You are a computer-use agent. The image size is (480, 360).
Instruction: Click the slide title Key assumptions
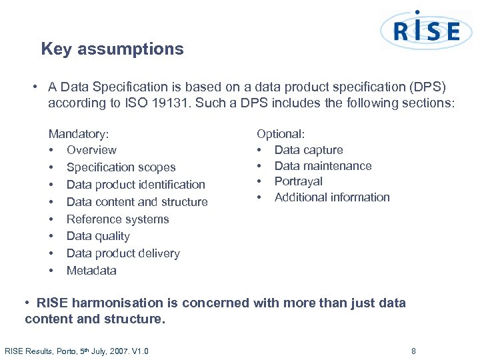pyautogui.click(x=112, y=49)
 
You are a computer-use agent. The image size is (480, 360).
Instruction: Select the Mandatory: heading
pyautogui.click(x=79, y=134)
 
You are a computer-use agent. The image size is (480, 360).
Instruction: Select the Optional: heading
pyautogui.click(x=281, y=134)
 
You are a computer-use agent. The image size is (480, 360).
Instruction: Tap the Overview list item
pyautogui.click(x=91, y=150)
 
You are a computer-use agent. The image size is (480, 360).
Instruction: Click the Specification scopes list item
pyautogui.click(x=121, y=167)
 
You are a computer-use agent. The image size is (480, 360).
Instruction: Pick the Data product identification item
pyautogui.click(x=135, y=185)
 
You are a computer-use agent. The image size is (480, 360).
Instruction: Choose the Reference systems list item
pyautogui.click(x=117, y=219)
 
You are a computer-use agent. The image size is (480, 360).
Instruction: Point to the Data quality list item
pyautogui.click(x=98, y=236)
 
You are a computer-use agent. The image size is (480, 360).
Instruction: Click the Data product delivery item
pyautogui.click(x=123, y=253)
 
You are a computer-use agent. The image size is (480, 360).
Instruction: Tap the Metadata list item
pyautogui.click(x=91, y=271)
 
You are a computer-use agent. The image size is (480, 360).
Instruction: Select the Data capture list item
pyautogui.click(x=309, y=150)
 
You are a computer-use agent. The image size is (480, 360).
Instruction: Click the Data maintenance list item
pyautogui.click(x=323, y=166)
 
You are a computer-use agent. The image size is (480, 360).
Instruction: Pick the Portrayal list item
pyautogui.click(x=298, y=181)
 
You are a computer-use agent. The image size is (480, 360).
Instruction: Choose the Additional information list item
pyautogui.click(x=332, y=197)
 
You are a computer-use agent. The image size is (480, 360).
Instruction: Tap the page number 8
pyautogui.click(x=413, y=351)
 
